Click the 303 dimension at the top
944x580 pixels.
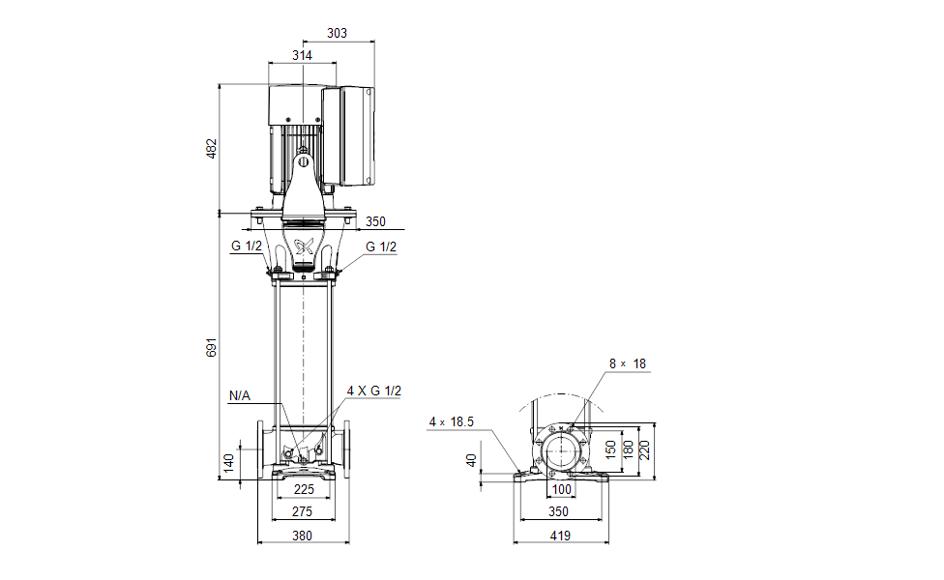click(338, 34)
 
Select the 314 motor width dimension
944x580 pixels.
click(303, 56)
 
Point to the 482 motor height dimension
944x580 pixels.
click(212, 149)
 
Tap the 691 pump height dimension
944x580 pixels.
click(212, 347)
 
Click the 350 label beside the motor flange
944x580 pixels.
click(375, 221)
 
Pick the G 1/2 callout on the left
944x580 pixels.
click(246, 246)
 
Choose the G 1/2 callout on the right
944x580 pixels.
click(381, 246)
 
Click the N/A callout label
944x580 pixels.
click(240, 395)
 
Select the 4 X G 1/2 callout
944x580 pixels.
click(373, 391)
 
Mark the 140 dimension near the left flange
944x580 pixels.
click(228, 461)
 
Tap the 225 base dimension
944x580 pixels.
click(303, 490)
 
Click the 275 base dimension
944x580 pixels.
click(303, 511)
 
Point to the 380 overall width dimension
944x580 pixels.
click(303, 535)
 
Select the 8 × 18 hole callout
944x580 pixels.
click(627, 364)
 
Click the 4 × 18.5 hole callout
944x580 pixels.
click(452, 421)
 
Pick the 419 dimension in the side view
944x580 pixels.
click(560, 535)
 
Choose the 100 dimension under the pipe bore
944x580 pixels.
click(562, 490)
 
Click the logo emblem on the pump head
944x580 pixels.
click(304, 246)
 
